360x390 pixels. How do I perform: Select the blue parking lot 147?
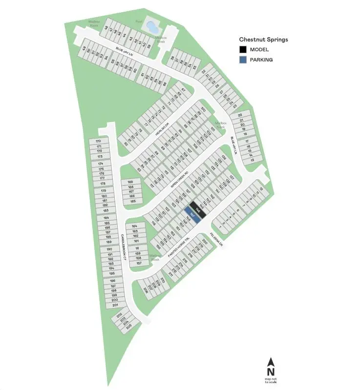[191, 215]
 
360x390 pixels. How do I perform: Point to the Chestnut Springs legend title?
[263, 39]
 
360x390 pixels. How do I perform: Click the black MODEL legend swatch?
[243, 49]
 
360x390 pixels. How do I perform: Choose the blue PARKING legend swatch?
[243, 60]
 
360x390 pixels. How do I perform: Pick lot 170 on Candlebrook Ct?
[98, 141]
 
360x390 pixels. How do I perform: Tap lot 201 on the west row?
[115, 305]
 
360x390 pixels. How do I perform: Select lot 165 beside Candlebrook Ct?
[132, 201]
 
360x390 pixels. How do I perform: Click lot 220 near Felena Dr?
[205, 242]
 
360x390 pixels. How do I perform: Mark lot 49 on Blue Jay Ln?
[84, 48]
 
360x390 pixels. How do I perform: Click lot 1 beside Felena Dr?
[220, 227]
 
